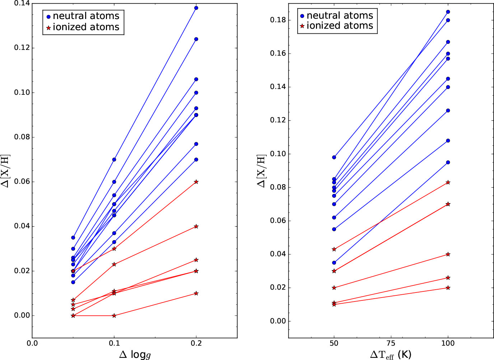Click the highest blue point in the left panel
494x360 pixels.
point(196,8)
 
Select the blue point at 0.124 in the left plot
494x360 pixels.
point(196,39)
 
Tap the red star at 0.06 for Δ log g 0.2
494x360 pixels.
point(196,182)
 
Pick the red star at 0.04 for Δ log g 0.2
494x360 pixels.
point(196,226)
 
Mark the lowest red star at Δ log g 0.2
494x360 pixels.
point(196,293)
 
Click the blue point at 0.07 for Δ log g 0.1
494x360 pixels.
point(114,159)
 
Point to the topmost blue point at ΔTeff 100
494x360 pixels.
point(448,12)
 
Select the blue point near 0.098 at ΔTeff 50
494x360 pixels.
point(334,157)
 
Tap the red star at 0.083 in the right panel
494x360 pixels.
point(448,182)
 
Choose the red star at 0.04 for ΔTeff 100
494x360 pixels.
point(448,254)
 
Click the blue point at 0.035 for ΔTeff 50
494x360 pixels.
point(334,263)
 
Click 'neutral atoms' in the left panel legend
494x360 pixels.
point(86,16)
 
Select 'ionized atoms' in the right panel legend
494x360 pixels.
point(340,26)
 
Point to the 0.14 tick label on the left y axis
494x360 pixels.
point(22,4)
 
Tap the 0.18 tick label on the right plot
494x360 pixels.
point(278,20)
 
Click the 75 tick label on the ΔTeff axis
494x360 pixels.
point(391,343)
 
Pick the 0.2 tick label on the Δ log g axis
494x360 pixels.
point(196,343)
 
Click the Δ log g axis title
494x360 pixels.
point(135,355)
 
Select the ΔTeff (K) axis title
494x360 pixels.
point(391,355)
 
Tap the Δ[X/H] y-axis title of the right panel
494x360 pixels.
point(262,171)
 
